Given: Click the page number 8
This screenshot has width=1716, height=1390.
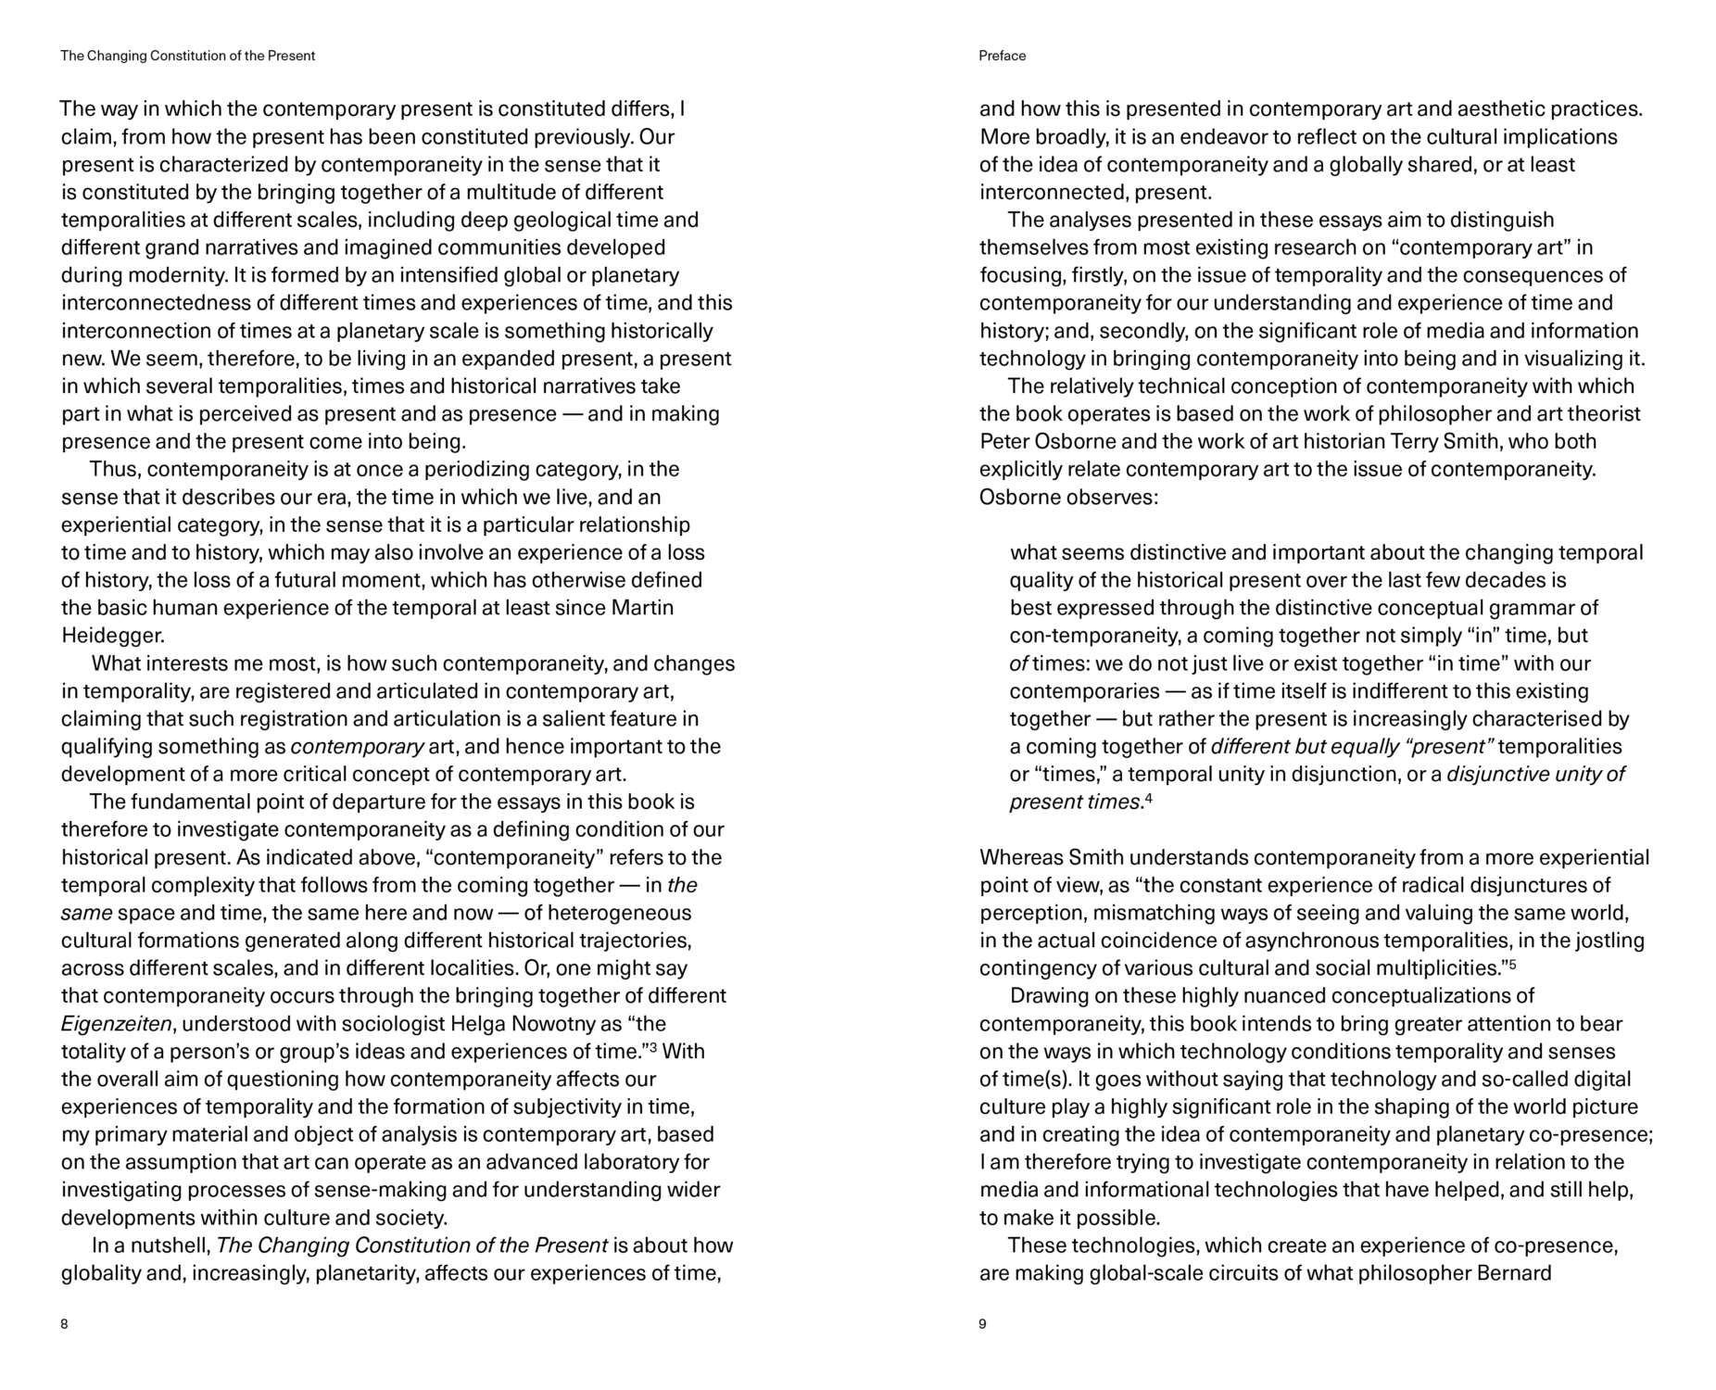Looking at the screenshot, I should [x=64, y=1323].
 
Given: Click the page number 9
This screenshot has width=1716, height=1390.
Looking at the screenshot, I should [x=982, y=1323].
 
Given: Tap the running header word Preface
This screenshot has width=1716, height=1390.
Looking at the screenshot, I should [x=1002, y=56].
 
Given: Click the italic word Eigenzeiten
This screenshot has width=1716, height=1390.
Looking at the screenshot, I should [x=116, y=1024].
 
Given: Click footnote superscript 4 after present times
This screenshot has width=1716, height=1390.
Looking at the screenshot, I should [x=1148, y=798].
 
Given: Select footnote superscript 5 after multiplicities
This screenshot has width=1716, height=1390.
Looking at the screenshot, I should [x=1512, y=964].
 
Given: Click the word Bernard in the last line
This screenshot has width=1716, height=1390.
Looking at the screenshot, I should [x=1514, y=1273].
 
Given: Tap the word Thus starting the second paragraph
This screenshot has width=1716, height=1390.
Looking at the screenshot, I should [x=113, y=469].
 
